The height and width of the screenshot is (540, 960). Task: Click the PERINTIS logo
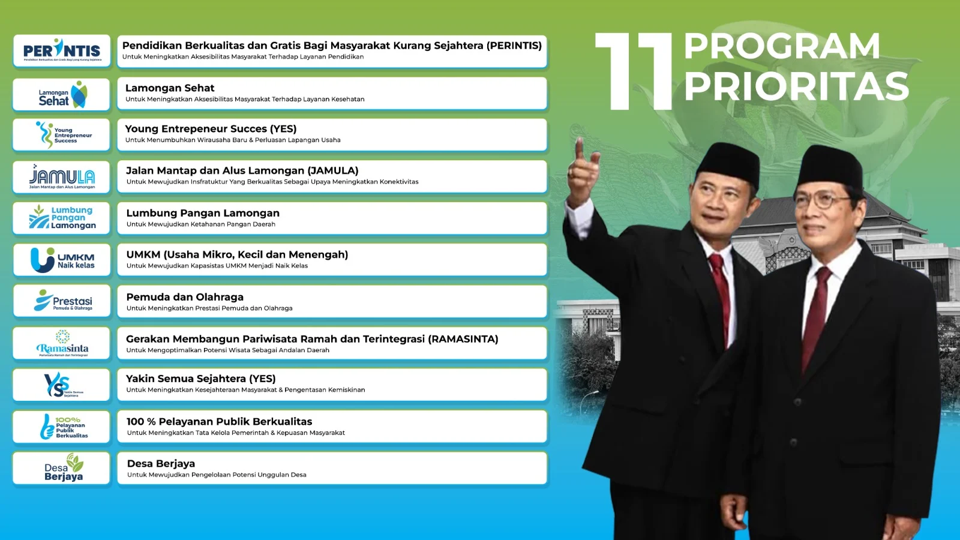pos(62,51)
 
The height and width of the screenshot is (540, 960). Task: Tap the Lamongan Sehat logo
pos(62,95)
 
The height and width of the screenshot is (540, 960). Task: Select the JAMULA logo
pos(62,177)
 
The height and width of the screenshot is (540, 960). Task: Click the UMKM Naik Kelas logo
pos(62,260)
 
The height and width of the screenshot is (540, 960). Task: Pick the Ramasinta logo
pos(62,344)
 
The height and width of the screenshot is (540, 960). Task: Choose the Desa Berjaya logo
pos(62,469)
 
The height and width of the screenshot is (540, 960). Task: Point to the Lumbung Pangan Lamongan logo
pos(62,218)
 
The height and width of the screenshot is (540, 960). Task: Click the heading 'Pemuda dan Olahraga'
pos(185,297)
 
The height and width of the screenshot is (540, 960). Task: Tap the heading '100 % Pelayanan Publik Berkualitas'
pos(220,422)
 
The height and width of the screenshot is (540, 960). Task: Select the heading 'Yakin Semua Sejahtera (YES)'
pos(201,379)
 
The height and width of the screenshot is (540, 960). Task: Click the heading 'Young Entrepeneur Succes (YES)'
pos(211,129)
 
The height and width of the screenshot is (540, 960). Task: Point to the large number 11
pos(635,72)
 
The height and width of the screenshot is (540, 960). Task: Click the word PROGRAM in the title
pos(781,47)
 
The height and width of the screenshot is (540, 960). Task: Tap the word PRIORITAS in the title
pos(796,86)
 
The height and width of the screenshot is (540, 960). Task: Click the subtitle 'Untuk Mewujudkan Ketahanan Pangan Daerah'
pos(201,224)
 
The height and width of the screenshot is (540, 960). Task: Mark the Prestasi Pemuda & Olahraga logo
pos(62,301)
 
